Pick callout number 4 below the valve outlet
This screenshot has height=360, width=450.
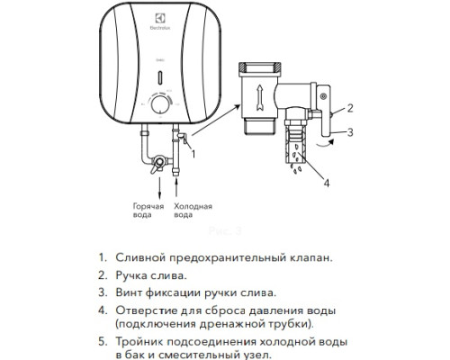point(327,186)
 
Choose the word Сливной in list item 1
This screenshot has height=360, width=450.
point(141,256)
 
